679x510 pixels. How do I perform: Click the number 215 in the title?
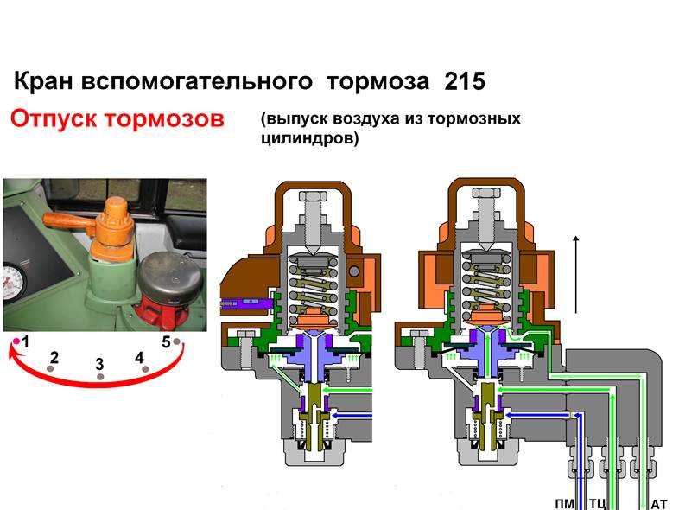pos(465,81)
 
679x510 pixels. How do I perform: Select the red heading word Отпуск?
pos(54,118)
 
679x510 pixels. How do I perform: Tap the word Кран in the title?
pos(43,81)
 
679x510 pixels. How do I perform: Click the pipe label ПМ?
pos(564,504)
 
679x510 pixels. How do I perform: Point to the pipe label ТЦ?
pos(598,504)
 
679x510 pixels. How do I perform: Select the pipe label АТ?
pos(659,504)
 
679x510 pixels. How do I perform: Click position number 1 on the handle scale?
pos(26,342)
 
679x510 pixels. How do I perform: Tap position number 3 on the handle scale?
pos(99,364)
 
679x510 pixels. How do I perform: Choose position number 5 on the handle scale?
pos(166,342)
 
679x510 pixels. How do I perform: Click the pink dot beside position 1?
pos(16,341)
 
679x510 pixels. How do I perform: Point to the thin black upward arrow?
pos(576,274)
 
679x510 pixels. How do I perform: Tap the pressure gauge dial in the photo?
pos(13,284)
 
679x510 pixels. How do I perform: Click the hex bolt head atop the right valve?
pos(486,194)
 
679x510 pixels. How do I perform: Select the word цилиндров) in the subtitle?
pos(310,138)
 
